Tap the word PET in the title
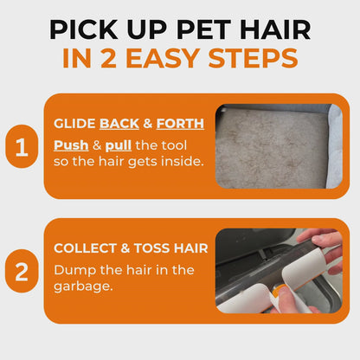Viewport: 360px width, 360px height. (194, 28)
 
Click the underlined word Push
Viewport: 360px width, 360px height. (70, 144)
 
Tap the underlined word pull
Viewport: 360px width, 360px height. (120, 144)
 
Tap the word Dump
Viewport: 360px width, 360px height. (72, 268)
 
